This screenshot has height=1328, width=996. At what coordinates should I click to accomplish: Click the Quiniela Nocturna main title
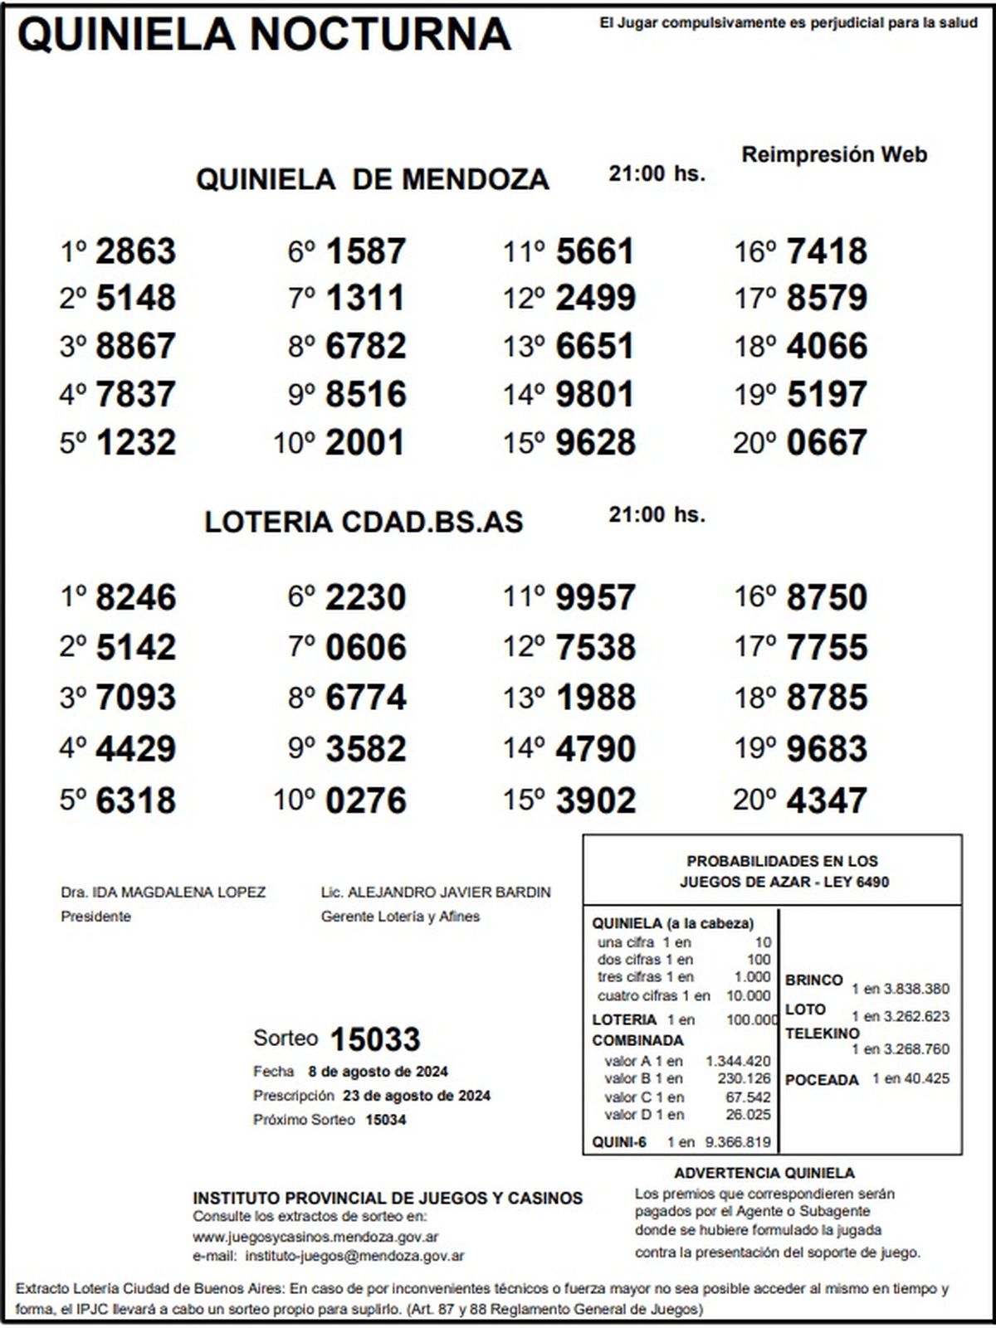pyautogui.click(x=264, y=35)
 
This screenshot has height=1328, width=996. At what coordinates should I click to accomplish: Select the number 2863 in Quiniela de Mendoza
pyautogui.click(x=136, y=251)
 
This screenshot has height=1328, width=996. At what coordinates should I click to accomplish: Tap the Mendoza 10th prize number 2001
pyautogui.click(x=365, y=443)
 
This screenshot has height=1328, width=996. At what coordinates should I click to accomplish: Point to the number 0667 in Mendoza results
pyautogui.click(x=827, y=443)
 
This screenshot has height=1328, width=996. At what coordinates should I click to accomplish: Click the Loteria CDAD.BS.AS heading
pyautogui.click(x=364, y=522)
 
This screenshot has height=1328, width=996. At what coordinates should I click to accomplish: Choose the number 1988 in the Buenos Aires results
pyautogui.click(x=596, y=698)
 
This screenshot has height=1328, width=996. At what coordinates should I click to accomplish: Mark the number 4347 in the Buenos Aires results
pyautogui.click(x=827, y=800)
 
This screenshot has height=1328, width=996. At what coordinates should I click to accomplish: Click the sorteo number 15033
pyautogui.click(x=375, y=1039)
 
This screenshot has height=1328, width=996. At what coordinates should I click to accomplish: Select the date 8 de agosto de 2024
pyautogui.click(x=378, y=1071)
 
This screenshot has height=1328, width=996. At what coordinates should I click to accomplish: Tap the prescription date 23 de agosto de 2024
pyautogui.click(x=417, y=1095)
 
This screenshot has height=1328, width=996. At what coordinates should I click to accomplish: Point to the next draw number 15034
pyautogui.click(x=386, y=1120)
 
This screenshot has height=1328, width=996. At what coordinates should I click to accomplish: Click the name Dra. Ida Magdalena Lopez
pyautogui.click(x=164, y=893)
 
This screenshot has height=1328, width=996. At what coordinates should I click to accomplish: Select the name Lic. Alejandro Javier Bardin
pyautogui.click(x=436, y=893)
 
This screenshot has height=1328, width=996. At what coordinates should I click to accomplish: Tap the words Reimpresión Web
pyautogui.click(x=834, y=154)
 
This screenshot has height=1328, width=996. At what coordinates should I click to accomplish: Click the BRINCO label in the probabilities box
pyautogui.click(x=813, y=980)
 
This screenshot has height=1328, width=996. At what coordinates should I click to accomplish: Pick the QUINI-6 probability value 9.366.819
pyautogui.click(x=737, y=1142)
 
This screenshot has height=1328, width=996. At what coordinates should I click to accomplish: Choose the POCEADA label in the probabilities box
pyautogui.click(x=822, y=1080)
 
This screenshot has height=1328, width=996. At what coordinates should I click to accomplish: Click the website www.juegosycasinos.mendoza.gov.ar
pyautogui.click(x=315, y=1237)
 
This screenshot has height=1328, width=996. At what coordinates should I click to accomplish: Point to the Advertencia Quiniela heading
pyautogui.click(x=764, y=1173)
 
